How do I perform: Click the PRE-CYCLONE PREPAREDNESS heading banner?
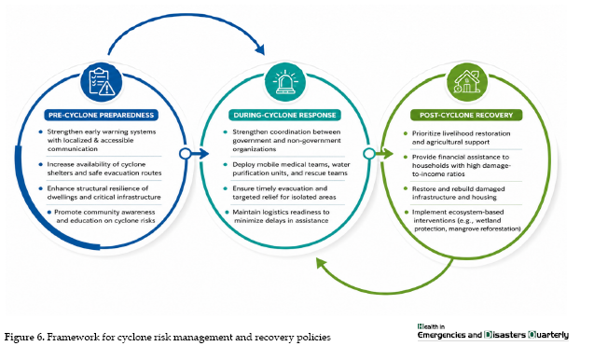tap(102, 116)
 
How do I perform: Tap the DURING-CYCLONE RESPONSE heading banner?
tap(284, 116)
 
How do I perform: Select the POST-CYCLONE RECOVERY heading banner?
tap(466, 116)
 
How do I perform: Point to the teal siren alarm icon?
tap(285, 82)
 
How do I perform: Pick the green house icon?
tap(467, 82)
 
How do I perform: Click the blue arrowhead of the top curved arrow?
tap(260, 49)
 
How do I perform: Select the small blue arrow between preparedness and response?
tap(200, 154)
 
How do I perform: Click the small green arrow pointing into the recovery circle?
tap(384, 154)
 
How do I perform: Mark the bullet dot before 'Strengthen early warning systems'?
tap(41, 132)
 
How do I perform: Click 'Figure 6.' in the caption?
tap(24, 337)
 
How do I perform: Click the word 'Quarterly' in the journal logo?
tap(548, 335)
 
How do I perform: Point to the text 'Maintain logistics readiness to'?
tap(281, 213)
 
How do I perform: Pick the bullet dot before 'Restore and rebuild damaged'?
tap(406, 188)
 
